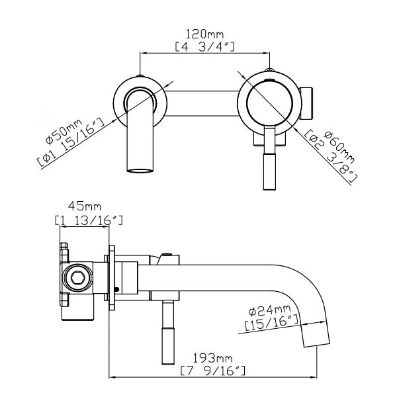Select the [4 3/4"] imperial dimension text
206,46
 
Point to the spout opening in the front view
140,173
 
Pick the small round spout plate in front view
140,99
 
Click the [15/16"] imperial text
272,324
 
